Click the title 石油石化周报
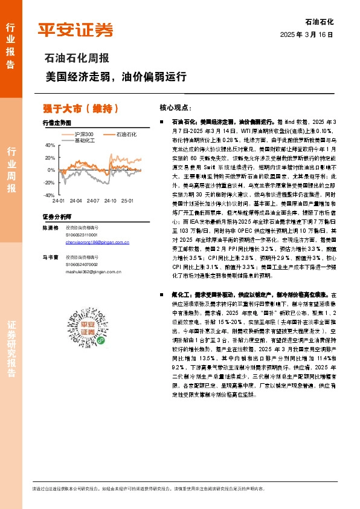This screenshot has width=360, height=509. pos(77,59)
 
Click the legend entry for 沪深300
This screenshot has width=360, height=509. pos(81,134)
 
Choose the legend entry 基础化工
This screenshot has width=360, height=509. pos(83,140)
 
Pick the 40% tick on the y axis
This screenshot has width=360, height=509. pos(50,146)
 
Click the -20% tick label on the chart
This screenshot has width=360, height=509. pos(49,183)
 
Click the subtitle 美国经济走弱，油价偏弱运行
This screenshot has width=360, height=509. pos(116,77)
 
